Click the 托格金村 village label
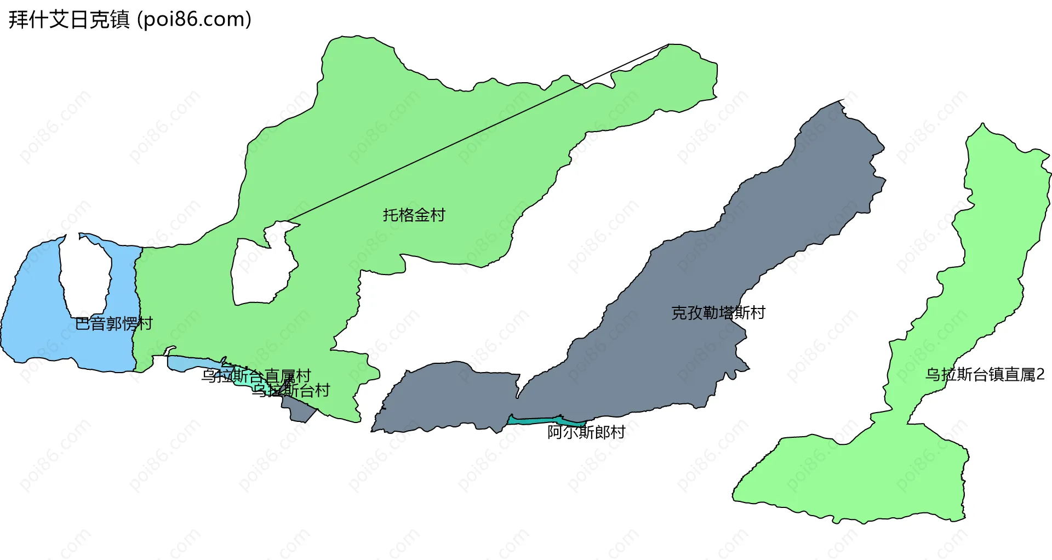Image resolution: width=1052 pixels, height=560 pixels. [414, 215]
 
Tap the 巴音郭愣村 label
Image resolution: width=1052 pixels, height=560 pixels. [113, 324]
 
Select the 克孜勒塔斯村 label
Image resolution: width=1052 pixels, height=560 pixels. [718, 312]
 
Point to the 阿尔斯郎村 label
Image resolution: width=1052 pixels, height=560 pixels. [586, 432]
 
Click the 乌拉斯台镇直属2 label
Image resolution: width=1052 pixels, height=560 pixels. [985, 375]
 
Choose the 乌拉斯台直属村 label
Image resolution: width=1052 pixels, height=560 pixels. [256, 376]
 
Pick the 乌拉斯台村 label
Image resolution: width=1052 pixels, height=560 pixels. [290, 390]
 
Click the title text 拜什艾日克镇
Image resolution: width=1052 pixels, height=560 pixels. [69, 20]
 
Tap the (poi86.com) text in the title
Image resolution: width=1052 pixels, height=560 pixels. [194, 20]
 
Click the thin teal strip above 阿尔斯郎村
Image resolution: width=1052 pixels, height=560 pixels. [542, 420]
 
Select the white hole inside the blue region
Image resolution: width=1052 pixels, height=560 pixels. [85, 274]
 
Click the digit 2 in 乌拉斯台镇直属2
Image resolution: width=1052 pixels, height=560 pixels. [1040, 375]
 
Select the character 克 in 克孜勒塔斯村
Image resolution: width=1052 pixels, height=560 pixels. [679, 312]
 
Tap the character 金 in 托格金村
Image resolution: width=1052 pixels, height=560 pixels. [421, 215]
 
